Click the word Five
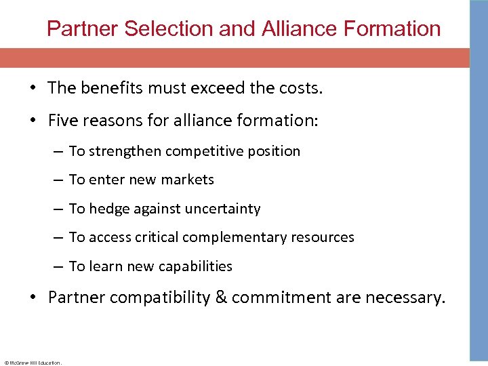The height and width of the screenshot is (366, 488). pyautogui.click(x=64, y=121)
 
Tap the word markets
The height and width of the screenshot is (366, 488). pyautogui.click(x=188, y=180)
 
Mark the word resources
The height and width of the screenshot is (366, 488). pyautogui.click(x=322, y=237)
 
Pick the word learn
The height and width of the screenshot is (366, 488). pyautogui.click(x=105, y=266)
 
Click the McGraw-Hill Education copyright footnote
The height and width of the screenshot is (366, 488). pyautogui.click(x=33, y=363)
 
